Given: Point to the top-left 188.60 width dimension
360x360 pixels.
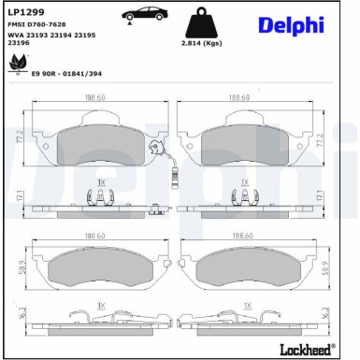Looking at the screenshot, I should click(x=94, y=96).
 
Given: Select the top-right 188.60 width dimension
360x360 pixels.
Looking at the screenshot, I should click(x=240, y=96).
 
